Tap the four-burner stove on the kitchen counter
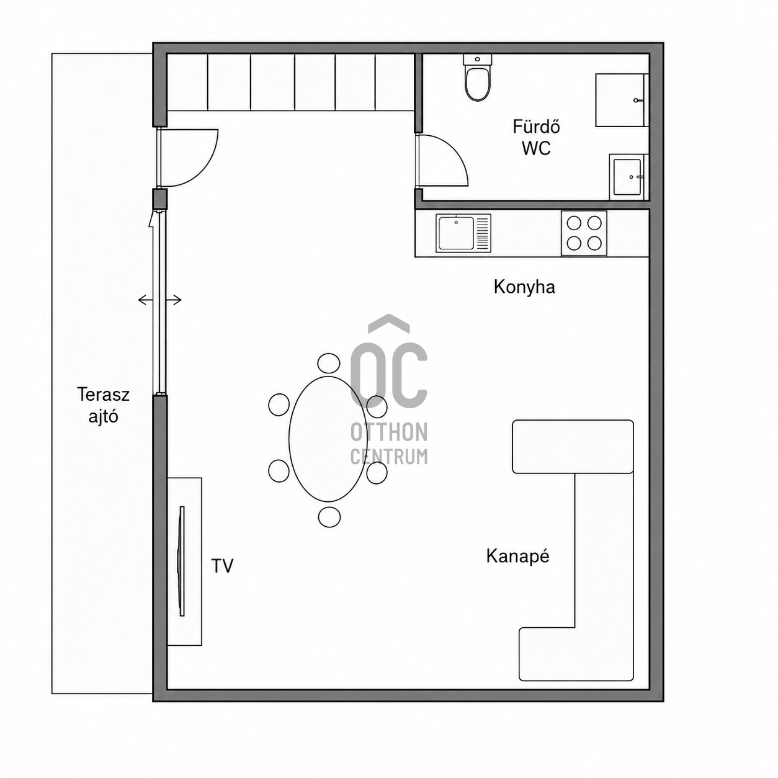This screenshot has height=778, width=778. (x=584, y=233)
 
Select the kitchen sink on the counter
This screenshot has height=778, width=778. (x=463, y=233)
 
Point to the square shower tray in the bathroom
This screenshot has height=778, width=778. (x=622, y=100)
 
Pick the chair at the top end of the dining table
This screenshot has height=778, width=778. (x=329, y=364)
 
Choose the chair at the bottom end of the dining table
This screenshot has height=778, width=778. (x=329, y=516)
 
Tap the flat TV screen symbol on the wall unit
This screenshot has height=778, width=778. (x=182, y=561)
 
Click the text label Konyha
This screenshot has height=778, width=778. (x=524, y=287)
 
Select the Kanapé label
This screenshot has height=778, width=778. (x=517, y=557)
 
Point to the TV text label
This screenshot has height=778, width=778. (x=222, y=566)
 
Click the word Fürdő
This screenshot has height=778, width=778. (x=536, y=127)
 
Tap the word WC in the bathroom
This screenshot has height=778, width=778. (x=536, y=148)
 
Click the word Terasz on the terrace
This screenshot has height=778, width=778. (x=103, y=395)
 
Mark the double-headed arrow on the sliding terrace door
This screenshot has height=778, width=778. (x=159, y=300)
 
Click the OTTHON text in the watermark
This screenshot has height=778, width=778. (x=389, y=432)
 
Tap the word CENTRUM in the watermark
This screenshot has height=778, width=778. (x=389, y=457)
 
